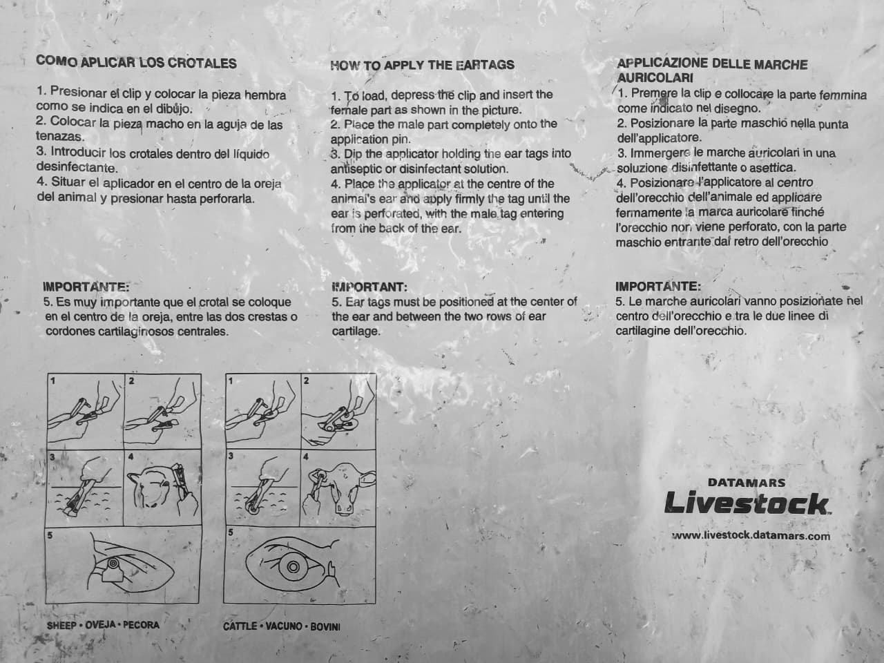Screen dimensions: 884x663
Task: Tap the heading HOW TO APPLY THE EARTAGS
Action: (x=422, y=65)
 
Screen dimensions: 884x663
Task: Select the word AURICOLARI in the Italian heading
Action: (x=655, y=77)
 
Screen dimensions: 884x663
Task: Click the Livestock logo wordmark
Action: (x=747, y=503)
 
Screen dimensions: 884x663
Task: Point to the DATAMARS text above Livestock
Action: (x=747, y=482)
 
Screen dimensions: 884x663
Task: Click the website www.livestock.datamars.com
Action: (x=751, y=536)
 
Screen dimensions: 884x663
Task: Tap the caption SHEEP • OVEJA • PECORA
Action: (x=103, y=625)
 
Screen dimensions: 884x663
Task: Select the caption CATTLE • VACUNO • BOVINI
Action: (x=282, y=626)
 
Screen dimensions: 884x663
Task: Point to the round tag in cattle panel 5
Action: (x=293, y=567)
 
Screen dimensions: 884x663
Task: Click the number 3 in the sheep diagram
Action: (x=52, y=457)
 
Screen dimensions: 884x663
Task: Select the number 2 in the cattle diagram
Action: (x=307, y=381)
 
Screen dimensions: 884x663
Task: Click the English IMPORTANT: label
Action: (x=369, y=287)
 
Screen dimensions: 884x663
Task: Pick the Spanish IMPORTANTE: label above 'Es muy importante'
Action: (x=86, y=287)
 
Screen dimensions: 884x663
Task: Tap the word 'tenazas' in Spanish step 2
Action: (x=60, y=137)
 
